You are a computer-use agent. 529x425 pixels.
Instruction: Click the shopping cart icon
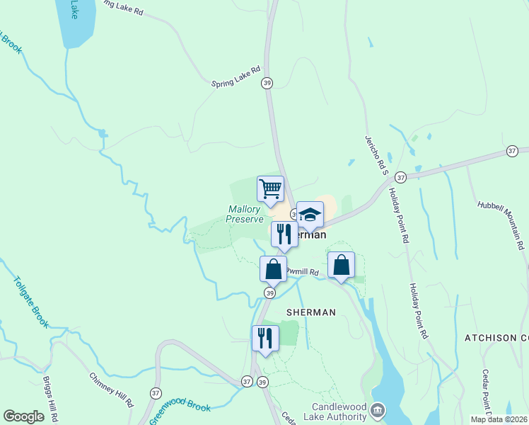[270, 189]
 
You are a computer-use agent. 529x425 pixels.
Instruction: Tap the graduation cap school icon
[310, 215]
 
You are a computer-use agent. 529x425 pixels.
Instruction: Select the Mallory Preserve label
[245, 214]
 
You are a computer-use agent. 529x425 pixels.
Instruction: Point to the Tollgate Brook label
[30, 302]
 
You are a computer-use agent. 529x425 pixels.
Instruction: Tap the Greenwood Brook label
[180, 410]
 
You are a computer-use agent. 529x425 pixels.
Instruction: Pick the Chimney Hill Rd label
[112, 390]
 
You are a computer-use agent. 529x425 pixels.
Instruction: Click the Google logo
[23, 416]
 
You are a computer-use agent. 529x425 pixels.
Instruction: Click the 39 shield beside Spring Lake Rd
[267, 83]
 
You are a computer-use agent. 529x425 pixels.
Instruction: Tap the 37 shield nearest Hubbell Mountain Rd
[512, 151]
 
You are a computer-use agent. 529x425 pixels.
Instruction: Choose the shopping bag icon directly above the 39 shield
[273, 270]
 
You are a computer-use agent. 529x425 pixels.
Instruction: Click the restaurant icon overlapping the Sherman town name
[284, 234]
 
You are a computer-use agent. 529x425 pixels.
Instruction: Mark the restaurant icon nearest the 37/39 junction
[265, 338]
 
